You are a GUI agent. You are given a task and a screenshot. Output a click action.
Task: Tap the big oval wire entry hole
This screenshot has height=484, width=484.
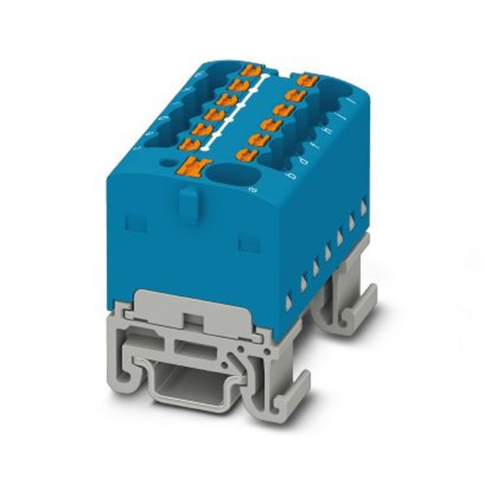coord(227,174)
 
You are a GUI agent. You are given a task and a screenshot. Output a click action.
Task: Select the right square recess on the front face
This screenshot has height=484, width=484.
coord(249,242)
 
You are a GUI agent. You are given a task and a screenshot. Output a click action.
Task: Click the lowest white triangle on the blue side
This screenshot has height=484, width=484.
coord(289,303)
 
